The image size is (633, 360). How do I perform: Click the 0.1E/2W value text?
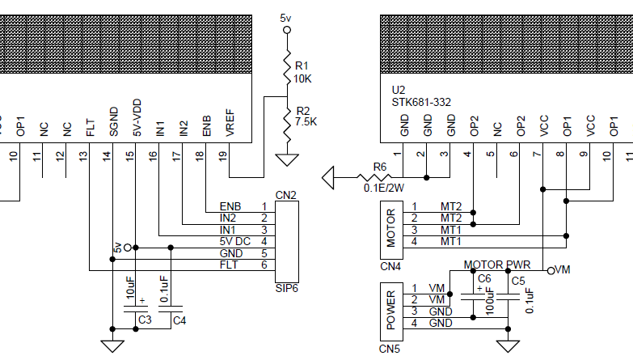pyautogui.click(x=385, y=188)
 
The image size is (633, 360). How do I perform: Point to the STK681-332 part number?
pyautogui.click(x=420, y=102)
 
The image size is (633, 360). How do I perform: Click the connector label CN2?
pyautogui.click(x=286, y=195)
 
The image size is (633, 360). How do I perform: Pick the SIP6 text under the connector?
pyautogui.click(x=288, y=287)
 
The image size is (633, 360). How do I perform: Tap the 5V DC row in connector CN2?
pyautogui.click(x=235, y=241)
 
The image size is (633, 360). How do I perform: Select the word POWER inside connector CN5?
pyautogui.click(x=390, y=311)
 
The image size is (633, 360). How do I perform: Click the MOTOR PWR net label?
pyautogui.click(x=497, y=265)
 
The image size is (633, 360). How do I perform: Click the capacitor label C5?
pyautogui.click(x=518, y=280)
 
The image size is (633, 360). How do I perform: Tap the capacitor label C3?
pyautogui.click(x=145, y=320)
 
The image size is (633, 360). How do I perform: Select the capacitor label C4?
pyautogui.click(x=179, y=320)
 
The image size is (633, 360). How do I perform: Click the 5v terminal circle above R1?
pyautogui.click(x=285, y=31)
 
